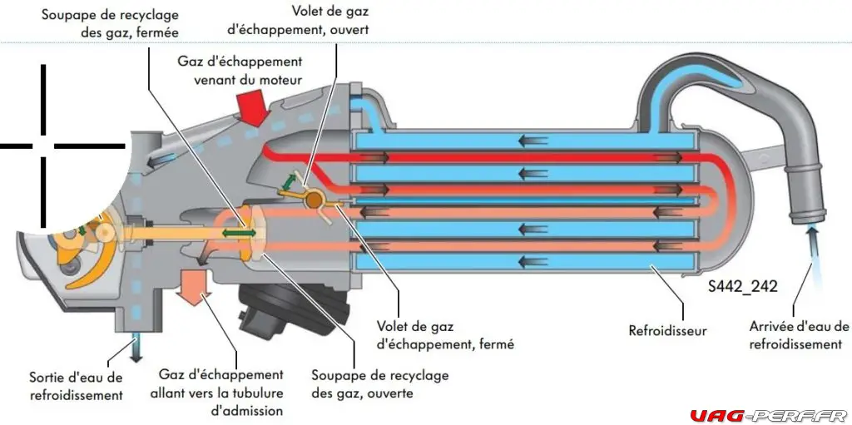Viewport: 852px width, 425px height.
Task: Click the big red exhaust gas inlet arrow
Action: pos(251,107)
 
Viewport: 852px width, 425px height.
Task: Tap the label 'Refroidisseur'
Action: pos(667,330)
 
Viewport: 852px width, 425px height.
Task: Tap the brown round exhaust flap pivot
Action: pos(315,200)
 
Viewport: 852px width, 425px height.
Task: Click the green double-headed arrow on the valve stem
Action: pos(238,235)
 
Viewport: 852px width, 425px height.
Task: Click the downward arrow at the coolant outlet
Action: pos(133,347)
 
